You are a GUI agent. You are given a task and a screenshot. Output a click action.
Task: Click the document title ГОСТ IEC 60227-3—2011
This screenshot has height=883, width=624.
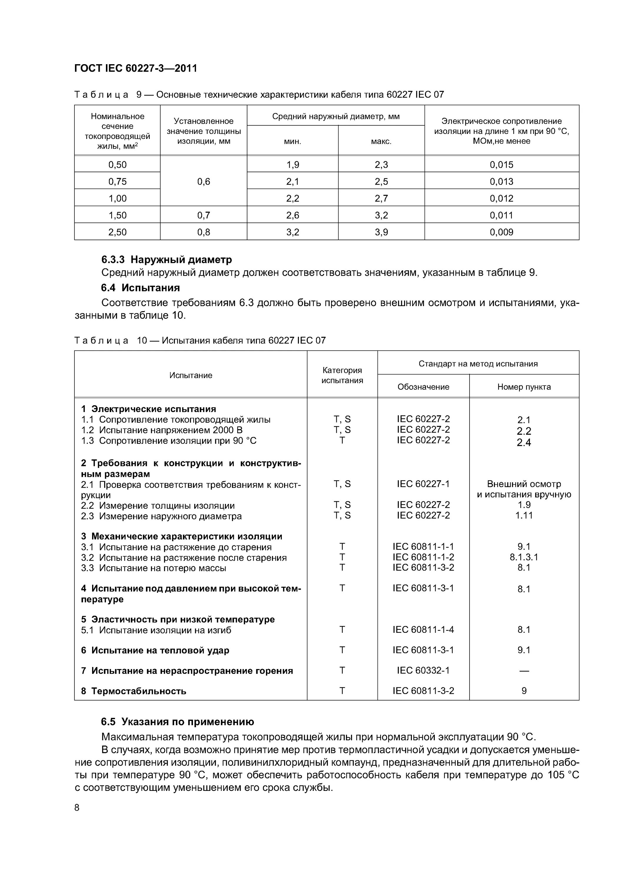(x=135, y=69)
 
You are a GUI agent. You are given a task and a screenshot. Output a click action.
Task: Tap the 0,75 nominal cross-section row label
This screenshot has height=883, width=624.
(x=117, y=182)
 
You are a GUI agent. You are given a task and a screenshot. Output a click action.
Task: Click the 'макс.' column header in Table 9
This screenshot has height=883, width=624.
(x=381, y=142)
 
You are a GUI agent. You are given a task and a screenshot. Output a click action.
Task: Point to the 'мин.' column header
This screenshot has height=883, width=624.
(x=293, y=142)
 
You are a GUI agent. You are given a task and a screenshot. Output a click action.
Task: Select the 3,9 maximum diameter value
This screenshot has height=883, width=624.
(x=381, y=232)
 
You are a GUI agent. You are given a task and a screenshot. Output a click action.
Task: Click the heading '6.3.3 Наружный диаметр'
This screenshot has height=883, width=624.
(x=167, y=260)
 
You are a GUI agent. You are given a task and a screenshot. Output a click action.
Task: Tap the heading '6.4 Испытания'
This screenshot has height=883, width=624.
(x=140, y=288)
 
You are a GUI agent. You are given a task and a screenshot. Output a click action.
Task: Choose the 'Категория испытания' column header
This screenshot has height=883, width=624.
(x=342, y=375)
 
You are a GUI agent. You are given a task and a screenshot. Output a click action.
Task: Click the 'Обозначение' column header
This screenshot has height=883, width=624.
(x=423, y=387)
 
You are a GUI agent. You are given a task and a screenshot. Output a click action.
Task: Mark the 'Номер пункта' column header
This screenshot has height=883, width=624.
(x=524, y=387)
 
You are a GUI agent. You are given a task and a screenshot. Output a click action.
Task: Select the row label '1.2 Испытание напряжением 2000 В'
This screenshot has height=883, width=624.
(x=162, y=430)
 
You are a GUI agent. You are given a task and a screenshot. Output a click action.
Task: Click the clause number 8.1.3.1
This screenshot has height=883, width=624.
(x=524, y=557)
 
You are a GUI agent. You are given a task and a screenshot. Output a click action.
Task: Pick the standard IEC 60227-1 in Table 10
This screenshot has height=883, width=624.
(x=423, y=484)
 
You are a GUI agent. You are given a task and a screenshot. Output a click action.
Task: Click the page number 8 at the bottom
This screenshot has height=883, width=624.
(x=77, y=808)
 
